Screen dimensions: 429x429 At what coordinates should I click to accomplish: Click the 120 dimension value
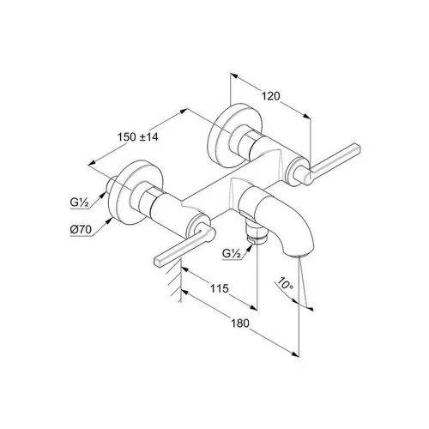pyautogui.click(x=271, y=96)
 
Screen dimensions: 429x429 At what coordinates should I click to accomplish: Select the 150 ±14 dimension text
pyautogui.click(x=137, y=137)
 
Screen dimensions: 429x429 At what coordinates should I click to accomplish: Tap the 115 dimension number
pyautogui.click(x=220, y=288)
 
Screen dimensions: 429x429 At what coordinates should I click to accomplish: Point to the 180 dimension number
pyautogui.click(x=240, y=323)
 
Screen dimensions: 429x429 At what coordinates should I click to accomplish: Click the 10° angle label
pyautogui.click(x=285, y=283)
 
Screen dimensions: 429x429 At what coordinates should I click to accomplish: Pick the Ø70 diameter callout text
pyautogui.click(x=81, y=230)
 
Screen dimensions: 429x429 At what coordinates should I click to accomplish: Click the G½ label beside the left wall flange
pyautogui.click(x=79, y=202)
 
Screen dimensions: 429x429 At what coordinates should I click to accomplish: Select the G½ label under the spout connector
pyautogui.click(x=232, y=254)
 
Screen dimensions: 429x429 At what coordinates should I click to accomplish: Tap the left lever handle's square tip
pyautogui.click(x=159, y=262)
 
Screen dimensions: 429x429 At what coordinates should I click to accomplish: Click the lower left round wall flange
pyautogui.click(x=136, y=191)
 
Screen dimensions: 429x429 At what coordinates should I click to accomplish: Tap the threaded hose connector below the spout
pyautogui.click(x=257, y=233)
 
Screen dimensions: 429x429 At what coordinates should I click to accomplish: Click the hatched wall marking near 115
pyautogui.click(x=174, y=283)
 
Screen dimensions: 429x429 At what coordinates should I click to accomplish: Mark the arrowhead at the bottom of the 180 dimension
pyautogui.click(x=295, y=353)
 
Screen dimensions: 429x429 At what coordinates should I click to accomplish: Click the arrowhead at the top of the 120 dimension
pyautogui.click(x=234, y=76)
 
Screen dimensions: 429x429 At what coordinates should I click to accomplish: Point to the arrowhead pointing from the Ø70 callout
pyautogui.click(x=109, y=221)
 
